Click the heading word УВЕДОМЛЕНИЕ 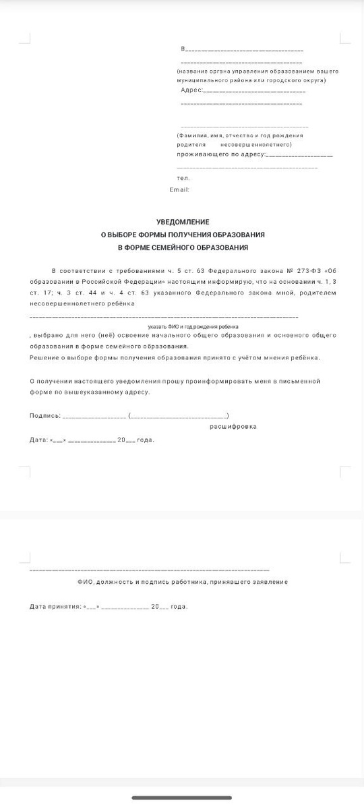point(183,222)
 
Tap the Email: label point(179,190)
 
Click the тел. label point(183,178)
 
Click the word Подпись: point(45,415)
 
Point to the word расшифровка point(233,427)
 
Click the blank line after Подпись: point(94,417)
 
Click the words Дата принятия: point(55,607)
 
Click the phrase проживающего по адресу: point(222,154)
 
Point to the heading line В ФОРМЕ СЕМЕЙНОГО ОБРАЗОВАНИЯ point(183,247)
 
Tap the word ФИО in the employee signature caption point(84,582)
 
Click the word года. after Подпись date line point(146,440)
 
